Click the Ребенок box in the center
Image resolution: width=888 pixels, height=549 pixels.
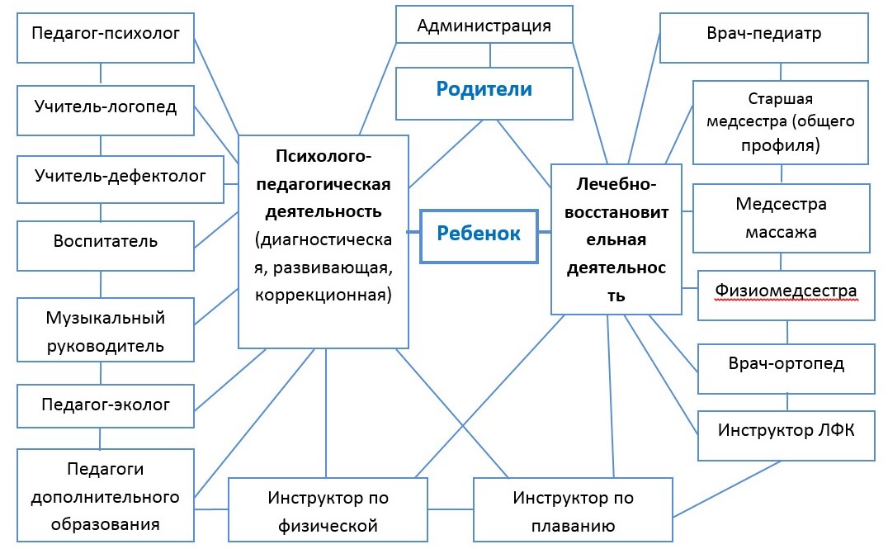[x=479, y=234]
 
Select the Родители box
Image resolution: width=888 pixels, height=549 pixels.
[x=484, y=92]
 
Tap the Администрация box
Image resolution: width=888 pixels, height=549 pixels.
[x=484, y=26]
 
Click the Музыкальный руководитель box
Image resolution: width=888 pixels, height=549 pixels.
[x=105, y=330]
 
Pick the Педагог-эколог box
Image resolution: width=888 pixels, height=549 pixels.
[x=105, y=405]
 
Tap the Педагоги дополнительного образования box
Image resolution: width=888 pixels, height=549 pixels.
[x=105, y=495]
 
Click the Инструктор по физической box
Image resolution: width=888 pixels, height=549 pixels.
[x=328, y=509]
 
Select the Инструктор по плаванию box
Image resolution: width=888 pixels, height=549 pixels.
[x=573, y=509]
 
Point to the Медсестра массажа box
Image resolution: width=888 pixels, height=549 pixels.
[x=781, y=217]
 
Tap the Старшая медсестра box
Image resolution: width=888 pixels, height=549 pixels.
[x=780, y=121]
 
